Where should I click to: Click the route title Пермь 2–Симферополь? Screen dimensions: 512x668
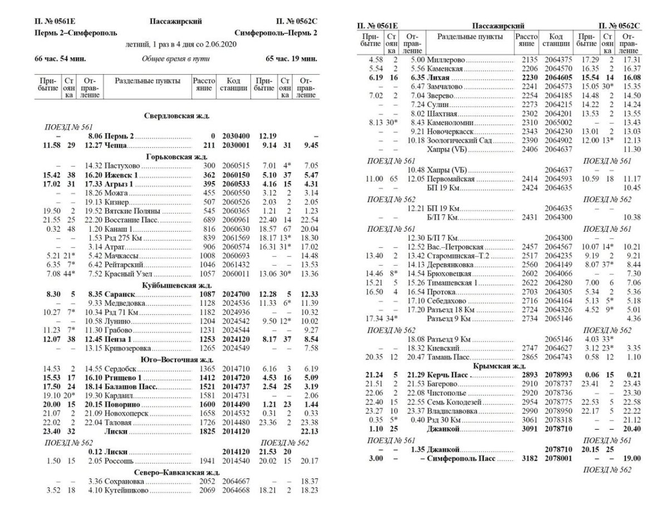[76, 33]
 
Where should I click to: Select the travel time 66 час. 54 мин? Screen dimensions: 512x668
[60, 58]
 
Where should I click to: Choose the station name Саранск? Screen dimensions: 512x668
[119, 294]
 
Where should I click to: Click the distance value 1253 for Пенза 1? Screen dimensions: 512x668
[203, 339]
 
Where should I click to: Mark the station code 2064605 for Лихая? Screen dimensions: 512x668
[556, 77]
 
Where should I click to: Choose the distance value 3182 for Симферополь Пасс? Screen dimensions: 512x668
[526, 458]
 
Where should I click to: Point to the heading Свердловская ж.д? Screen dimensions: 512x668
[176, 116]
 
